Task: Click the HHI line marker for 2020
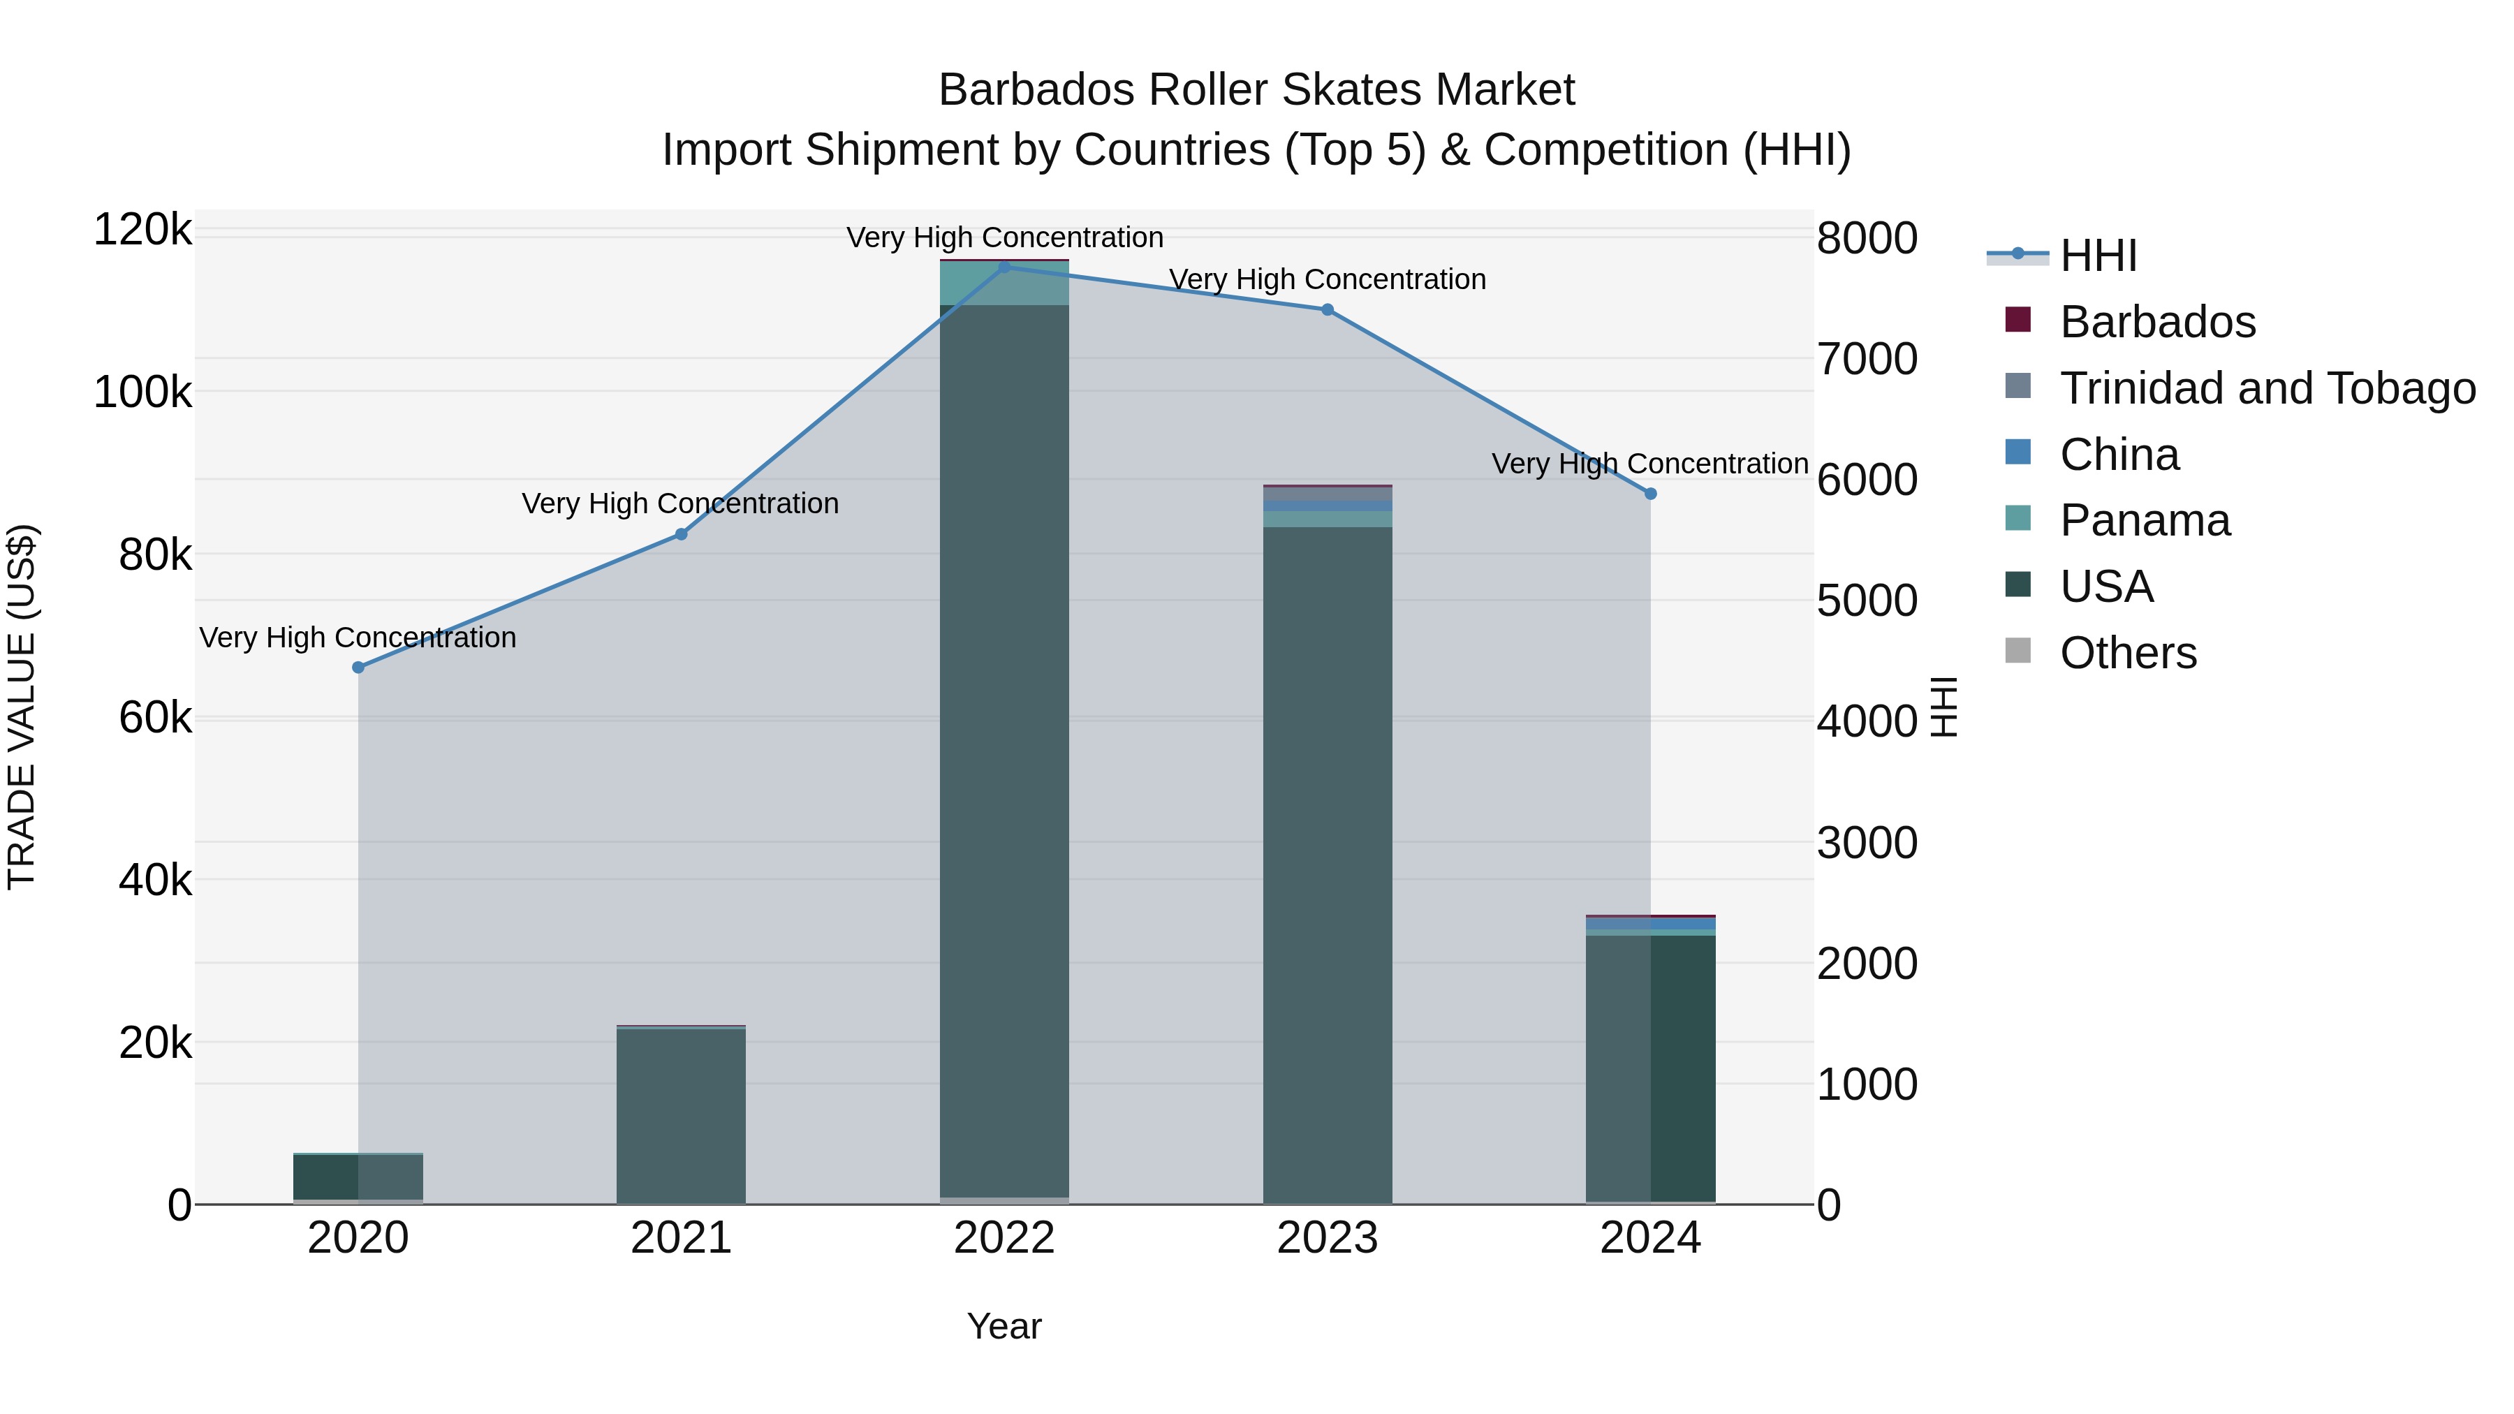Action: [x=358, y=668]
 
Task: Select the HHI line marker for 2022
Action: [x=1004, y=267]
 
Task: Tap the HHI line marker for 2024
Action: [x=1650, y=494]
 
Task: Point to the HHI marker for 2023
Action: [x=1328, y=310]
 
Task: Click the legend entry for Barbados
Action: [x=2157, y=322]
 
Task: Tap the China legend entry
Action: [x=2119, y=455]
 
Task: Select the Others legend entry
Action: [x=2128, y=653]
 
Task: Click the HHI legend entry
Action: [x=2098, y=256]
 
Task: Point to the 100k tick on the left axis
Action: [x=142, y=393]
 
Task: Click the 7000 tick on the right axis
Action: [x=1866, y=359]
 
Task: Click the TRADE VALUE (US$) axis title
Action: [x=22, y=707]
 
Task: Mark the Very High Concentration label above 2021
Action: [x=680, y=503]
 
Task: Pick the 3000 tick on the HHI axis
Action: [x=1866, y=843]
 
